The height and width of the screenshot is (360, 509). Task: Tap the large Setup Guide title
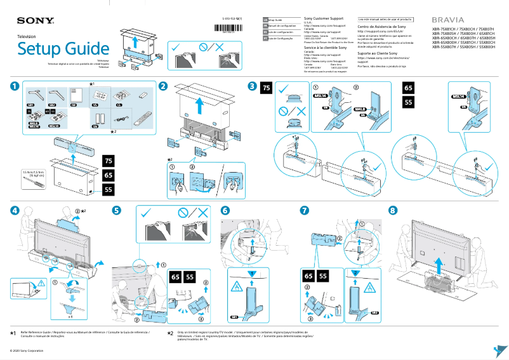click(x=63, y=49)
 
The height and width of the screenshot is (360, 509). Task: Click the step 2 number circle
click(x=163, y=86)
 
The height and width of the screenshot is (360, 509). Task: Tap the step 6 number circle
click(x=225, y=210)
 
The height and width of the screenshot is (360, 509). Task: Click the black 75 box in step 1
click(x=109, y=160)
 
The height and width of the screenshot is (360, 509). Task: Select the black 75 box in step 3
click(x=267, y=88)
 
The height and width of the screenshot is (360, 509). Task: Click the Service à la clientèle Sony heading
click(x=326, y=48)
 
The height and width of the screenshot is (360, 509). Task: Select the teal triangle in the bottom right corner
click(x=499, y=350)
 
